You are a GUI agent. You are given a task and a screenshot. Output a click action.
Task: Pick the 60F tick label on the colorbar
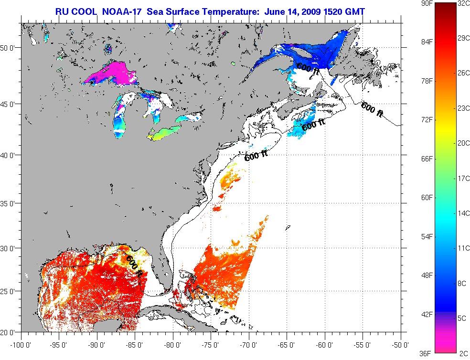(x=427, y=197)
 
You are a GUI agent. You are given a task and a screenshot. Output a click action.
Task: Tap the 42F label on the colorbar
(x=427, y=314)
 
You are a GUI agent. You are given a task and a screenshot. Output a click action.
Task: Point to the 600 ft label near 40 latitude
(x=256, y=156)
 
